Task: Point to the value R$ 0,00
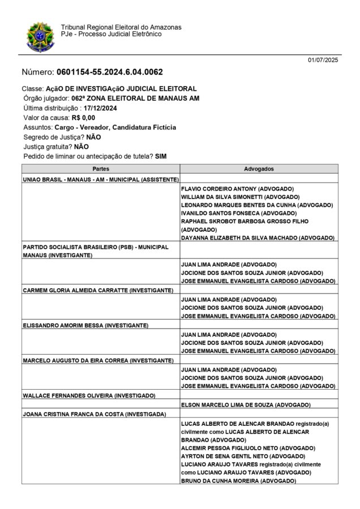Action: click(83, 118)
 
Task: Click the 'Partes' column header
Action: click(101, 169)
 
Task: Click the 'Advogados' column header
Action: click(259, 169)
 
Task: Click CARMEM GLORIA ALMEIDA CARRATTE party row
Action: click(98, 290)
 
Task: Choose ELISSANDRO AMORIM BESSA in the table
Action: click(85, 325)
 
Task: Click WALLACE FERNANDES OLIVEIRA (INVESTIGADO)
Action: click(89, 395)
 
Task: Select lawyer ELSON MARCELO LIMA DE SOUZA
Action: click(246, 405)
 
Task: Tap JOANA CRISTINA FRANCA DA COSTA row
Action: click(93, 413)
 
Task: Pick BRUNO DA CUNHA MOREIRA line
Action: click(238, 480)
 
